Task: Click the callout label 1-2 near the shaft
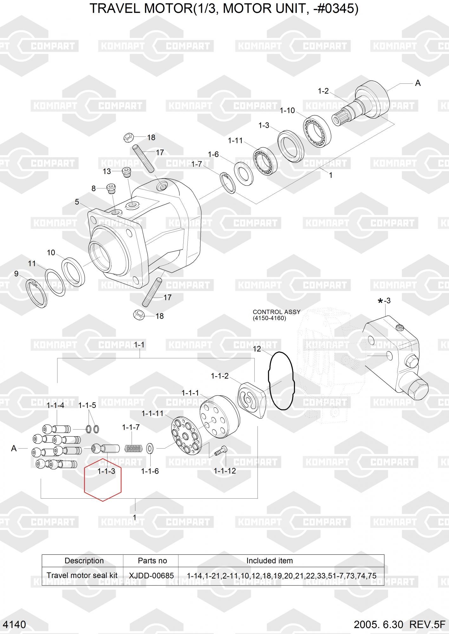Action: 323,91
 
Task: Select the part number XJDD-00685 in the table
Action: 151,575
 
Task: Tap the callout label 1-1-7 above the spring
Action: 131,427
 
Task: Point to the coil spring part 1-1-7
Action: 133,449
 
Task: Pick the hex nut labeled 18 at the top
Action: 128,138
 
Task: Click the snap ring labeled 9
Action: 36,293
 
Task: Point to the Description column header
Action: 84,560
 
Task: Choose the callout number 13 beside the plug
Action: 107,171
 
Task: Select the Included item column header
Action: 270,560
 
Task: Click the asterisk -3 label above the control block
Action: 384,301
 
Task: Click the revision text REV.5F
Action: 427,624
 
